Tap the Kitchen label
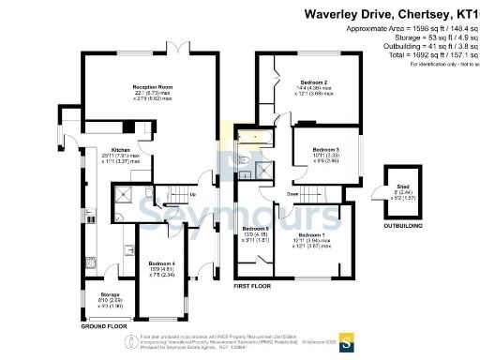point(120,150)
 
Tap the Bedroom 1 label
point(310,234)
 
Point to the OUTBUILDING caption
point(395,226)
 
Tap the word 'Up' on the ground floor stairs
point(193,195)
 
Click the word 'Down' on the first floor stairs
point(292,194)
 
